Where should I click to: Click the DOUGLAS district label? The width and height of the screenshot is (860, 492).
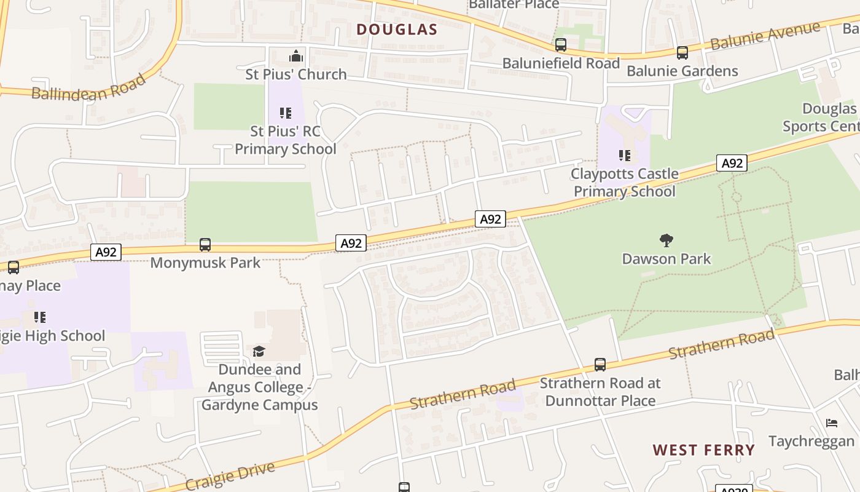tap(397, 30)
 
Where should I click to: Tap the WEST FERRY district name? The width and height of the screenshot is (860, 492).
tap(703, 450)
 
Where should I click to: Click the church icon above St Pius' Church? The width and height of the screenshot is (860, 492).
tap(296, 57)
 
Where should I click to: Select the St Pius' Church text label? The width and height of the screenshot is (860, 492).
tap(296, 74)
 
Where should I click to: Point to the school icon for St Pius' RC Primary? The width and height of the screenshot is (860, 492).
tap(286, 113)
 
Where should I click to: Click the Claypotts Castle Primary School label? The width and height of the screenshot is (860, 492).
tap(625, 183)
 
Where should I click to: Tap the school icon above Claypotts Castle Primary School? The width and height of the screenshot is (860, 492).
tap(625, 155)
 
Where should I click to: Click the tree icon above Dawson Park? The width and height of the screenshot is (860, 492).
tap(666, 240)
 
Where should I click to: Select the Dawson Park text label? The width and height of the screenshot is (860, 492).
tap(666, 259)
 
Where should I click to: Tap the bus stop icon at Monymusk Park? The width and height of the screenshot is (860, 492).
tap(205, 245)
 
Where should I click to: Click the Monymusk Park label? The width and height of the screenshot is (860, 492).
tap(205, 263)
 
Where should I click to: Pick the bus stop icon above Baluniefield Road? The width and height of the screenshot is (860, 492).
tap(560, 45)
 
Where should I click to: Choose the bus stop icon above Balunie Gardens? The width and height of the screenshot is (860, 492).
tap(682, 53)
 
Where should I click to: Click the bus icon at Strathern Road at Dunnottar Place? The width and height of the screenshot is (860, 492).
tap(600, 365)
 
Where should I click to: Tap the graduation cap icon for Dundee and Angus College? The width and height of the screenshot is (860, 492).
tap(259, 351)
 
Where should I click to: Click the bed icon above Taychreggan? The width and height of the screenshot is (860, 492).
tap(831, 423)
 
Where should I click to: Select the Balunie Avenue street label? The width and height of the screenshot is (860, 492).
tap(765, 36)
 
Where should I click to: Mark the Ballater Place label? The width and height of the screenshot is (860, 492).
tap(514, 4)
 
